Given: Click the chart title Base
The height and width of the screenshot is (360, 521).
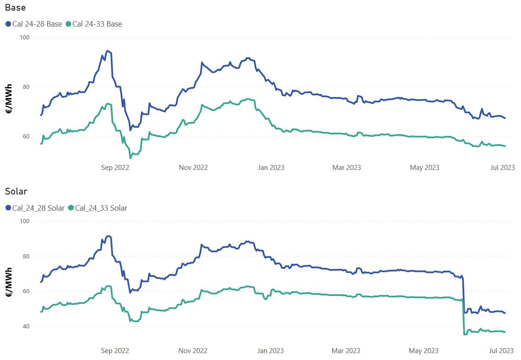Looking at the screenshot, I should point(15,8).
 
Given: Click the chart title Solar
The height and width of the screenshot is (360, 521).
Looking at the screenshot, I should point(16,191).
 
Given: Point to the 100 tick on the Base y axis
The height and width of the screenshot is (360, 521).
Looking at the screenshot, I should point(23,37).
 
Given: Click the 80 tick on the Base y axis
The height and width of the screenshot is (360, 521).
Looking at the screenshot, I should point(25,87).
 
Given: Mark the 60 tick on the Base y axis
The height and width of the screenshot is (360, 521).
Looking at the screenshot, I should point(25,136).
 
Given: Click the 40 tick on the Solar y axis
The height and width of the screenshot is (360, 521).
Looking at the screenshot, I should point(25,327).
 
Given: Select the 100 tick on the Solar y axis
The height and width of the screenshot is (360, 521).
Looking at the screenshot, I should point(23,221).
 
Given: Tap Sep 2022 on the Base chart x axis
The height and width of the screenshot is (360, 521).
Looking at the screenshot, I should point(115,167).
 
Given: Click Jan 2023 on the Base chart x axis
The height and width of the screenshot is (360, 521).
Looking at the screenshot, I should point(271,167).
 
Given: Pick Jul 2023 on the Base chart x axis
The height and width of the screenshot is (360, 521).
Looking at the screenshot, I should point(501,167).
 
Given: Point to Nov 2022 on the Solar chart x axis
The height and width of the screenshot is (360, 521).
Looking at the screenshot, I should point(193,351).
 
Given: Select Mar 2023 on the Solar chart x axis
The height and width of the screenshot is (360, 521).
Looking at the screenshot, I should point(346,351).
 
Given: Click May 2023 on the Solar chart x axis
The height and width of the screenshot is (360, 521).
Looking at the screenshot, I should point(424,351).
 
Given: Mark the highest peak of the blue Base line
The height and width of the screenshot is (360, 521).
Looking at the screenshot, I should point(107,51).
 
